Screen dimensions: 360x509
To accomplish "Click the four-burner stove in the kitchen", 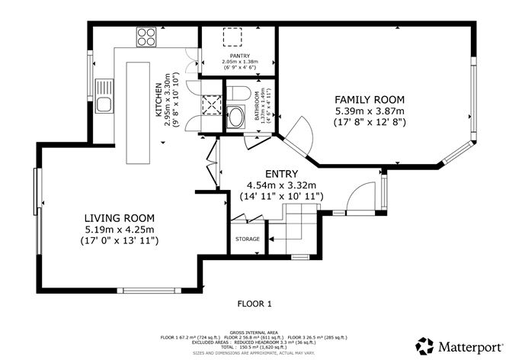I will (146, 34).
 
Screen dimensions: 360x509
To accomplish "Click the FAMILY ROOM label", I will (370, 100).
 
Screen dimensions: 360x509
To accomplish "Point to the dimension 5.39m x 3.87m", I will (370, 111).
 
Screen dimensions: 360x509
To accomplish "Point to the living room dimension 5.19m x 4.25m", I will (120, 230).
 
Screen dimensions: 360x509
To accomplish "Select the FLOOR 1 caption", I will (254, 304).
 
